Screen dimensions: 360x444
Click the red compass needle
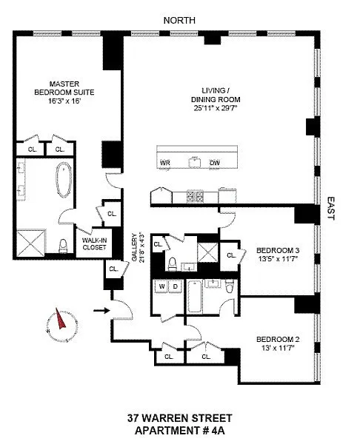pyautogui.click(x=61, y=319)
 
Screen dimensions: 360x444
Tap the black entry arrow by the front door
pyautogui.click(x=101, y=311)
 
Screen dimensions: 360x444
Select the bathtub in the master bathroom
pyautogui.click(x=64, y=180)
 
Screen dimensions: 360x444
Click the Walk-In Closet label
pyautogui.click(x=94, y=243)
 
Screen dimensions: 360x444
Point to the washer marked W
pyautogui.click(x=161, y=286)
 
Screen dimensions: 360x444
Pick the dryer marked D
pyautogui.click(x=175, y=286)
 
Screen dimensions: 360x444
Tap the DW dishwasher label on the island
pyautogui.click(x=215, y=163)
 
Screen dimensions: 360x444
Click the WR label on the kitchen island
pyautogui.click(x=165, y=163)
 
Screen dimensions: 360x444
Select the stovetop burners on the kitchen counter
pyautogui.click(x=195, y=195)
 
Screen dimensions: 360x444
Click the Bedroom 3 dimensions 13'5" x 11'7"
pyautogui.click(x=278, y=258)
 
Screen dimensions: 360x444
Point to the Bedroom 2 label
pyautogui.click(x=278, y=339)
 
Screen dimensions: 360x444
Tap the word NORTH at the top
pyautogui.click(x=179, y=21)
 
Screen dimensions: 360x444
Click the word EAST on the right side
pyautogui.click(x=331, y=209)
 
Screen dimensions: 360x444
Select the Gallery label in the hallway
pyautogui.click(x=134, y=247)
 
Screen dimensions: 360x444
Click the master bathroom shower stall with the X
pyautogui.click(x=31, y=243)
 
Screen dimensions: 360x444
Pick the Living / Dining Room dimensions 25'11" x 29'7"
pyautogui.click(x=216, y=108)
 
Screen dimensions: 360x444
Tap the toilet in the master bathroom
pyautogui.click(x=63, y=246)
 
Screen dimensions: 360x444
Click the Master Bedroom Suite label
pyautogui.click(x=64, y=88)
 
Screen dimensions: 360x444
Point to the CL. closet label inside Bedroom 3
pyautogui.click(x=231, y=255)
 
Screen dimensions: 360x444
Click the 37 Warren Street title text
pyautogui.click(x=180, y=418)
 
